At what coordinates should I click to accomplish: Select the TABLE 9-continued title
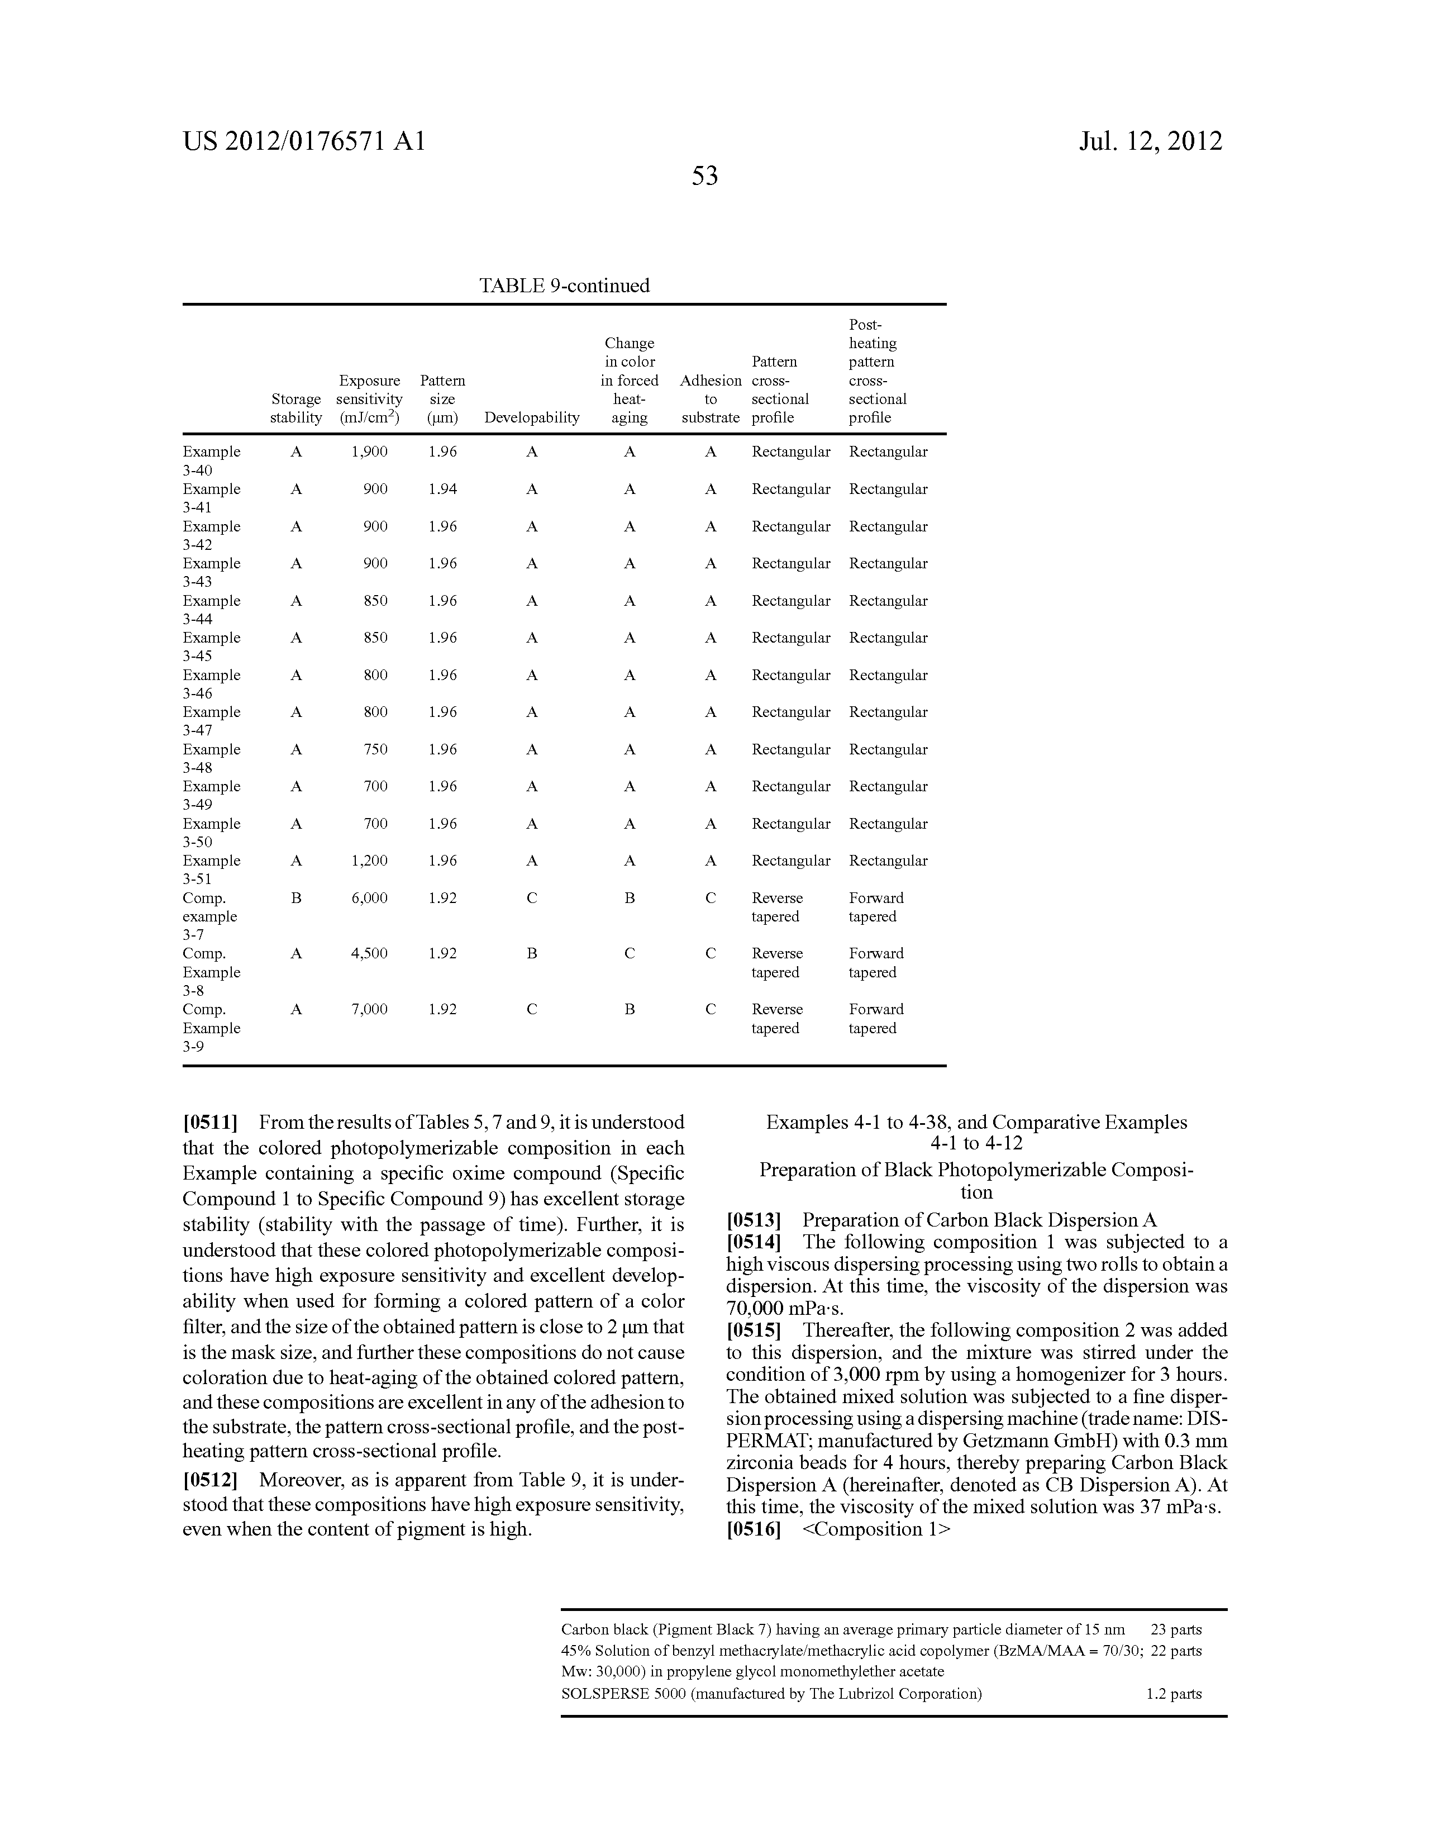(564, 286)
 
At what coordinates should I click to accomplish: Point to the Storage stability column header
(295, 408)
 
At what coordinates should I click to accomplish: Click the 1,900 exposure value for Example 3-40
(370, 452)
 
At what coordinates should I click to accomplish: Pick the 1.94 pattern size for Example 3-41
(442, 489)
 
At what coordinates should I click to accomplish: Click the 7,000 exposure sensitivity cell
(370, 1009)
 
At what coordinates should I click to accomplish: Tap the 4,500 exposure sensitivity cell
(370, 953)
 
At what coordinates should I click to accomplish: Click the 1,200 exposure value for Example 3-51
(370, 861)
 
